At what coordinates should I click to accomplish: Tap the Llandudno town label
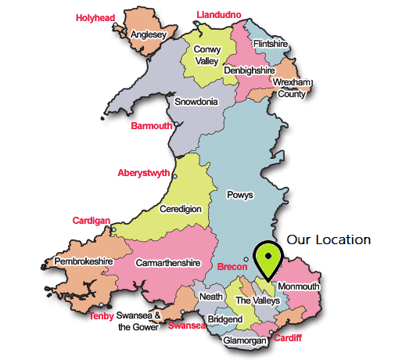pyautogui.click(x=219, y=14)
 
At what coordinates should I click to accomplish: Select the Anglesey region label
pyautogui.click(x=149, y=34)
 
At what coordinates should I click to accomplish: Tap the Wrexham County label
pyautogui.click(x=291, y=88)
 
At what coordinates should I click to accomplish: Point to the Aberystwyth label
pyautogui.click(x=143, y=173)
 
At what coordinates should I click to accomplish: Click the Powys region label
pyautogui.click(x=239, y=193)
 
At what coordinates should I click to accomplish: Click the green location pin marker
pyautogui.click(x=270, y=261)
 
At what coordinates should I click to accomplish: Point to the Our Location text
pyautogui.click(x=329, y=239)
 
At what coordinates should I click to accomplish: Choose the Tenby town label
pyautogui.click(x=101, y=315)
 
